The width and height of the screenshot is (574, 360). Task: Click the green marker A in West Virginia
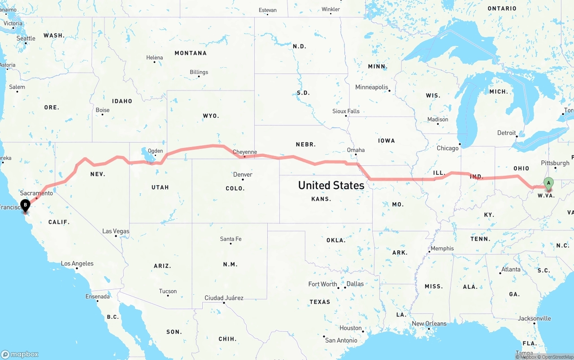coord(548,183)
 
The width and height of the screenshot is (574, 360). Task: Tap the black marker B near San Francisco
coord(26,206)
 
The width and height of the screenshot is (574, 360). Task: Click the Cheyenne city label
coord(245,152)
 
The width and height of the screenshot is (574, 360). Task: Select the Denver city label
coord(243,174)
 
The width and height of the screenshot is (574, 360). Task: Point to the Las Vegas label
coord(116,231)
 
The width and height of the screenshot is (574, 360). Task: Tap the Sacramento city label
coord(36,193)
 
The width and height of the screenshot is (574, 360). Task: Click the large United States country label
coord(331,185)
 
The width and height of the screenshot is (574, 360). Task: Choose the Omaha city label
coord(356,150)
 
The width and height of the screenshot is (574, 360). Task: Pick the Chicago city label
coord(448,148)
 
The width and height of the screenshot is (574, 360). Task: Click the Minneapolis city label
coord(372,87)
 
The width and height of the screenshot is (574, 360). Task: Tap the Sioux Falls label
coord(346,111)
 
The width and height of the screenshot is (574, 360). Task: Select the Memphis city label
coord(442,248)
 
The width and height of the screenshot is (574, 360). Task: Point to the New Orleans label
coord(429,324)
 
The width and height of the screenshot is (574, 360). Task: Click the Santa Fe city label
coord(230,239)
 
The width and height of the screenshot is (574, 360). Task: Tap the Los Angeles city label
coord(77,264)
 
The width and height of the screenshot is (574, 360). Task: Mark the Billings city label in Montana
coord(199,72)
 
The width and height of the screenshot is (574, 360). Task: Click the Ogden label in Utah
coord(155,151)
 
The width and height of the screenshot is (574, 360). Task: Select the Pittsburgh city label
coord(555,163)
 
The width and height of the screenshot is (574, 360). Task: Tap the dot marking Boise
coord(102,115)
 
